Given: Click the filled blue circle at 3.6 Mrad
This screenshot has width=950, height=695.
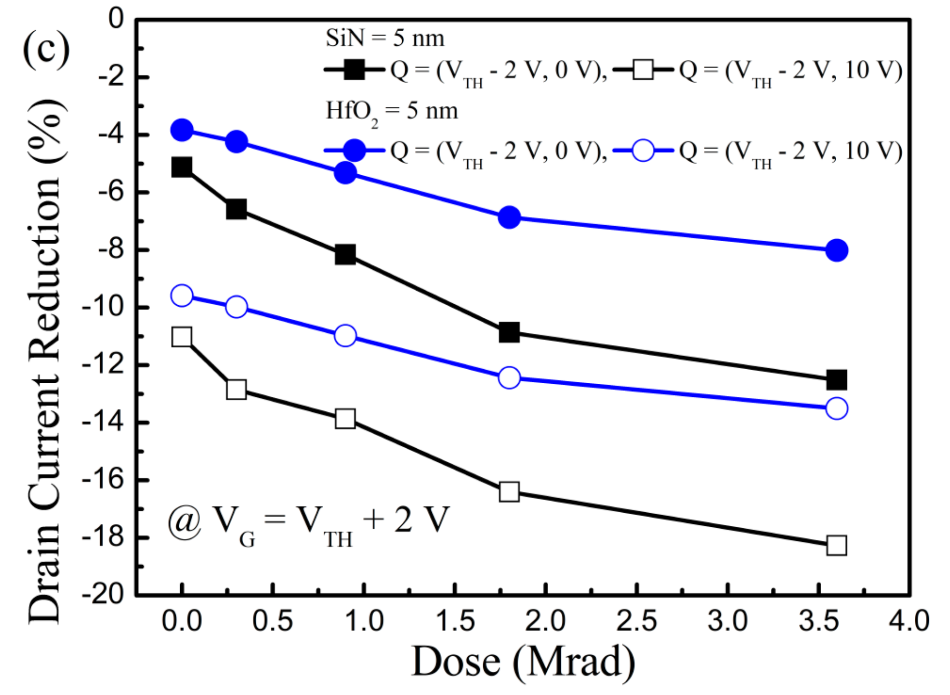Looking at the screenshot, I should pos(836,250).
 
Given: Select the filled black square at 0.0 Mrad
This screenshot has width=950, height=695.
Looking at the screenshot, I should pos(182,167).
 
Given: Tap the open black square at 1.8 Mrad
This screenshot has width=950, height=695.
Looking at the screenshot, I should pos(509,492).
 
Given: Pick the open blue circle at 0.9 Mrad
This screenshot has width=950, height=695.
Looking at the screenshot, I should pos(345,335).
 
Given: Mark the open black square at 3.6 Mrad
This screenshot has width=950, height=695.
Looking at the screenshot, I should pos(836,545).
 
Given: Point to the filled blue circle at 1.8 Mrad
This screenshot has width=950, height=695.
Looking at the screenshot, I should pos(509,218).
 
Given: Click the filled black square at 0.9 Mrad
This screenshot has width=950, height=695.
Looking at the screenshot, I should pos(345,255).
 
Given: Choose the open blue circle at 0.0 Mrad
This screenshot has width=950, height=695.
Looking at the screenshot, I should pos(182,296).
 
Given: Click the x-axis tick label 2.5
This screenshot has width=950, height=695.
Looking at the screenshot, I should pos(636,621).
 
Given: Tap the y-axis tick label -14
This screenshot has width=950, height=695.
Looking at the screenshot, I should pos(103,422).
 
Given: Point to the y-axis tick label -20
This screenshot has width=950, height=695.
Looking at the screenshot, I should pos(103,595).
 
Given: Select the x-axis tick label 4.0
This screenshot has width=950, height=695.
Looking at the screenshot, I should pos(909,621).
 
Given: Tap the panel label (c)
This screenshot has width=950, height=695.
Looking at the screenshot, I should pos(46,49).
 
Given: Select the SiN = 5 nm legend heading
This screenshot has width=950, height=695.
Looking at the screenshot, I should pos(385,39).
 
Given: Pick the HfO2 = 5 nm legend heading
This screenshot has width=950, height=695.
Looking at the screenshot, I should pos(392,112).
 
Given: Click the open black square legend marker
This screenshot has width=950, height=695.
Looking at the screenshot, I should pos(643,70).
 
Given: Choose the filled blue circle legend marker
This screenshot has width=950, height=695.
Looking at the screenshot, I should pos(354,150).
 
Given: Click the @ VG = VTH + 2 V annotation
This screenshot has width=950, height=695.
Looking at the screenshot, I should pos(308,522).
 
